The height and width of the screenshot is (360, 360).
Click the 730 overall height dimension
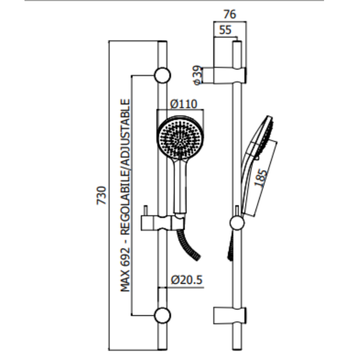(102, 195)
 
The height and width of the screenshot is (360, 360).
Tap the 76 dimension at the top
(230, 14)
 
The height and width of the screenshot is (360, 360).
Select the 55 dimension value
(225, 30)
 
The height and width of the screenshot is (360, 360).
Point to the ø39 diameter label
(198, 75)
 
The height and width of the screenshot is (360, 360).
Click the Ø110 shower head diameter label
(184, 104)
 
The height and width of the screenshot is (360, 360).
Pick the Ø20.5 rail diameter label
(187, 280)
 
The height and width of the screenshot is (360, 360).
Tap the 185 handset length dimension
(261, 178)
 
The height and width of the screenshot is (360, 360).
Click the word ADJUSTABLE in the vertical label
(126, 131)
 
